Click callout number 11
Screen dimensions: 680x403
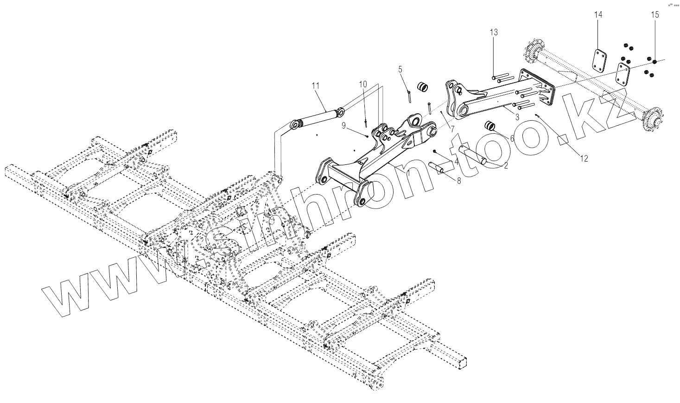point(316,85)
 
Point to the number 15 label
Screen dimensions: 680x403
point(654,15)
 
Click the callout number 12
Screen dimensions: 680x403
point(584,158)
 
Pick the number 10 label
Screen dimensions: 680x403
point(363,84)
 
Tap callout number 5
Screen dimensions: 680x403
point(400,69)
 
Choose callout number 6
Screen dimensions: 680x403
point(499,138)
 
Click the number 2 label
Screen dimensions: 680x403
point(505,165)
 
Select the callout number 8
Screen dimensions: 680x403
point(459,181)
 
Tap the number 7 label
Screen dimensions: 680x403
point(452,128)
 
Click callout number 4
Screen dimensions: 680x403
point(456,162)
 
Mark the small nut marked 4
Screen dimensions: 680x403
point(435,151)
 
